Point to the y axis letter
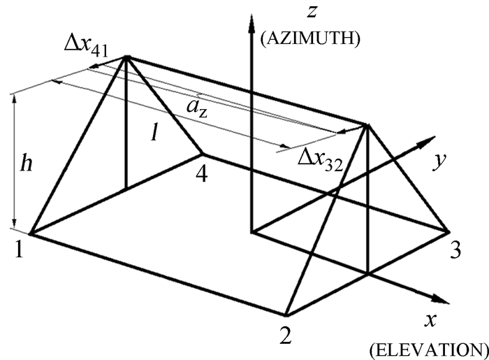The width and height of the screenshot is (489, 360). tap(438, 161)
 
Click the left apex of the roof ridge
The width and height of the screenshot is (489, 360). tap(126, 57)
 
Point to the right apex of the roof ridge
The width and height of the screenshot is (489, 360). tap(366, 126)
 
